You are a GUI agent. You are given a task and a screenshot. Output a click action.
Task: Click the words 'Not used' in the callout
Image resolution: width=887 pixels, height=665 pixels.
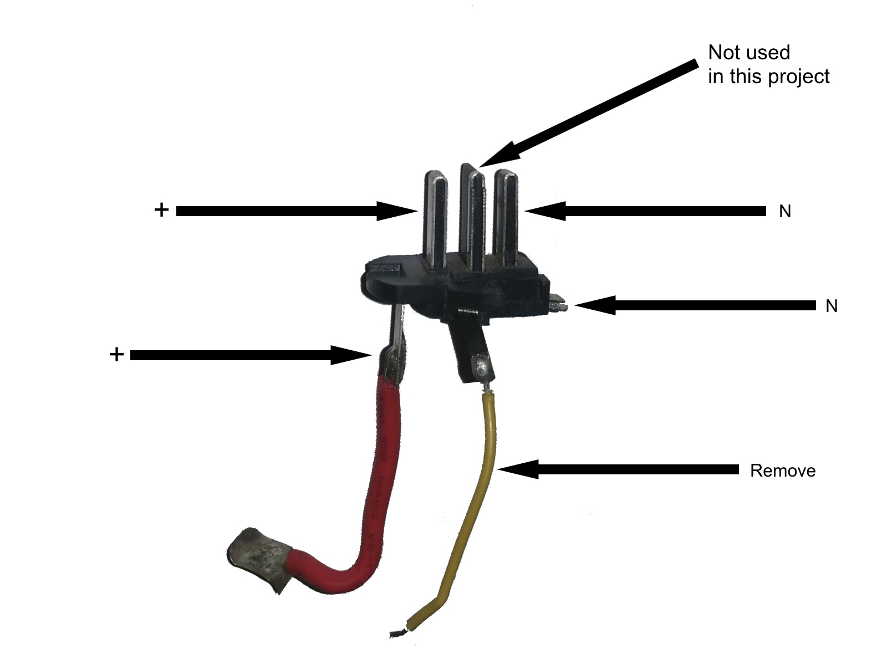point(749,53)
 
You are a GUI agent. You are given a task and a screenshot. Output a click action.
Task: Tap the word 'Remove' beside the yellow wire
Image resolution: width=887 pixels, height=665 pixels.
point(782,471)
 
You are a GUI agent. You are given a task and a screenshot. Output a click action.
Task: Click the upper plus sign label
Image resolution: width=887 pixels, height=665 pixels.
point(161,210)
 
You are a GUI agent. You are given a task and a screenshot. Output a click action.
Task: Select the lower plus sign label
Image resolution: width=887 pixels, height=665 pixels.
point(116,355)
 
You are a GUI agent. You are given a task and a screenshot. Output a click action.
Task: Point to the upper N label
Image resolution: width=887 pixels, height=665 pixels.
point(785,212)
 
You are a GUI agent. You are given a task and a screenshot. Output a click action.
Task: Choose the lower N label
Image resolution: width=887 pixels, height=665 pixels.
point(831,306)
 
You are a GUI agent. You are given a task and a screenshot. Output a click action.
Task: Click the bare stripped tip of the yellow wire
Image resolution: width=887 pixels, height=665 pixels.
point(398,632)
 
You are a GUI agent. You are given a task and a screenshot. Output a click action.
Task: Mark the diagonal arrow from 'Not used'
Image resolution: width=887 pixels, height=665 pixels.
point(588,114)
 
